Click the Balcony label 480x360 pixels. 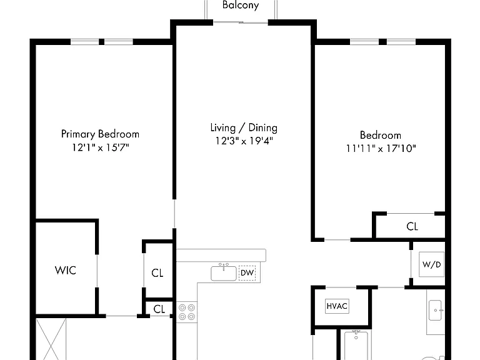pos(241,5)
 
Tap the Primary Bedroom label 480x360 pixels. pos(100,134)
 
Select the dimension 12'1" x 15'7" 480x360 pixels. pos(101,147)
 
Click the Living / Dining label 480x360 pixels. pos(244,128)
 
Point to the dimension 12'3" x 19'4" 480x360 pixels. pos(244,141)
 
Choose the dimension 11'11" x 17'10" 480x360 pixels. pos(381,149)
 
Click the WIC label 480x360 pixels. pos(65,270)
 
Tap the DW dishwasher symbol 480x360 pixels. pos(247,272)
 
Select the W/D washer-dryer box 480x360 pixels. pos(432,264)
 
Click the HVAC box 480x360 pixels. pos(337,306)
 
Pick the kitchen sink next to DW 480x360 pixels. pos(224,272)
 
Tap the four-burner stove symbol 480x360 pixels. pos(187,312)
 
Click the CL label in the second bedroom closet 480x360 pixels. pos(412,226)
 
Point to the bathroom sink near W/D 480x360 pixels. pos(435,311)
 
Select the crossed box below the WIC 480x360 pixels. pos(51,339)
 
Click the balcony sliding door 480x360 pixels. pos(241,22)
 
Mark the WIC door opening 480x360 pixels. pos(97,271)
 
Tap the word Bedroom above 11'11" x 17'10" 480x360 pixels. pos(381,135)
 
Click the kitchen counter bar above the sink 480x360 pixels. pos(221,255)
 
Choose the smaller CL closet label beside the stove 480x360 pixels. pos(159,309)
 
